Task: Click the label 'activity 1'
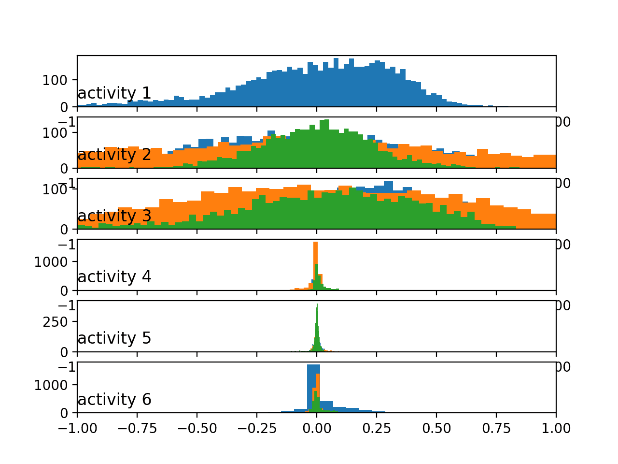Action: click(114, 93)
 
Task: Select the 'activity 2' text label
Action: click(114, 155)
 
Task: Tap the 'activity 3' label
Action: click(114, 216)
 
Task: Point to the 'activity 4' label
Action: click(114, 277)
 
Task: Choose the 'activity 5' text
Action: click(114, 338)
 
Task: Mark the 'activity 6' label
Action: click(114, 400)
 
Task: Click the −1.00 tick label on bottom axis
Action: click(77, 428)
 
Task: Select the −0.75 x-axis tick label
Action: click(137, 428)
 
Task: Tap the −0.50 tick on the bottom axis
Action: click(197, 428)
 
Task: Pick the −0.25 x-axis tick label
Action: click(256, 428)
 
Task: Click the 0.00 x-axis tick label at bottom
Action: click(317, 428)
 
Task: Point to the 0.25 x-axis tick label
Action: click(377, 428)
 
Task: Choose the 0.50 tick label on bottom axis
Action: click(436, 428)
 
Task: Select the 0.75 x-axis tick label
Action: click(496, 428)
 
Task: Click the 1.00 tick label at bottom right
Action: click(556, 428)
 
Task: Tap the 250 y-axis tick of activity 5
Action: click(56, 322)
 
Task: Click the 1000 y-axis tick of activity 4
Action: click(53, 262)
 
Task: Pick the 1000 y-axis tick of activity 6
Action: click(53, 385)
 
